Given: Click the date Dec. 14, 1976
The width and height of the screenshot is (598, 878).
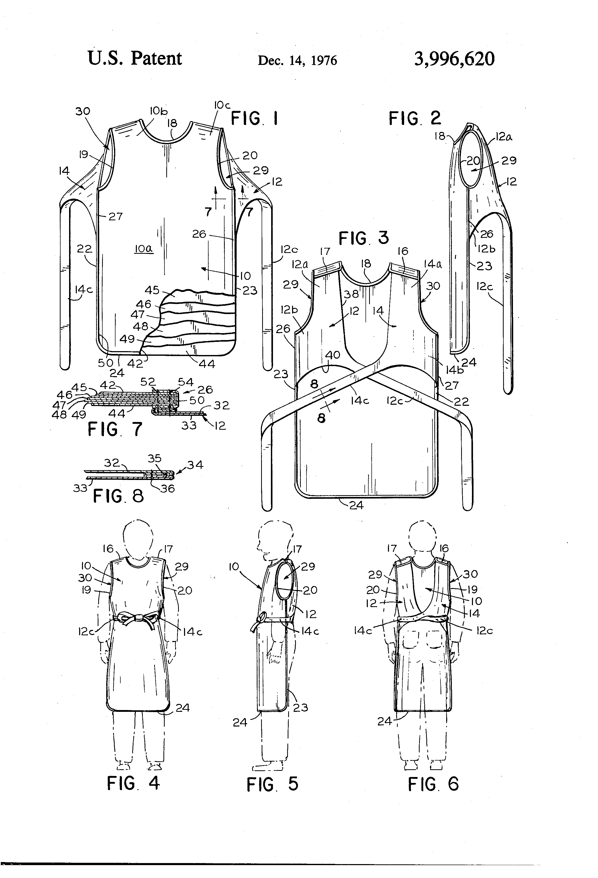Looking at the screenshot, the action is (x=297, y=61).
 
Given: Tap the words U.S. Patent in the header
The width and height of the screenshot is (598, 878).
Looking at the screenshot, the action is (x=135, y=58).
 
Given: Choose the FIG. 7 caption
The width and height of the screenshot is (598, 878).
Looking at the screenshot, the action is (x=115, y=429).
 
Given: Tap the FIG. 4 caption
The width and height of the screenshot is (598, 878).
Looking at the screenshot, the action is (x=134, y=783).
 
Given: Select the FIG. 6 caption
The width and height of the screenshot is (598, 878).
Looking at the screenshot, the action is (x=433, y=784).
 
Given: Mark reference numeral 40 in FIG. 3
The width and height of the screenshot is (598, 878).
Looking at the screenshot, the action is (x=333, y=355).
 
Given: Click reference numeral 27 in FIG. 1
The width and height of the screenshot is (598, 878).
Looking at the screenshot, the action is (x=115, y=216).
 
